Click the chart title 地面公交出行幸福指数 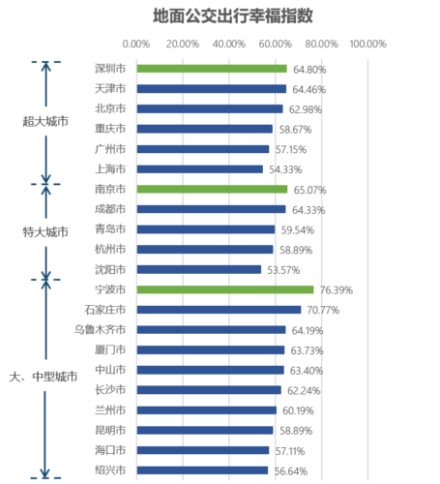(233, 15)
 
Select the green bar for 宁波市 (225, 289)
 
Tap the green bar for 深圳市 (212, 69)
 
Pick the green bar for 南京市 (212, 189)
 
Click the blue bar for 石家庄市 (219, 310)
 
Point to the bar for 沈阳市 (199, 269)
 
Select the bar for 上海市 (200, 169)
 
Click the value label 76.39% (337, 290)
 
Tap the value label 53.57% (283, 270)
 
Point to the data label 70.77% (323, 310)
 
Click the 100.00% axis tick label (367, 44)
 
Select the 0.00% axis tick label (136, 44)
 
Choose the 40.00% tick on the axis (229, 44)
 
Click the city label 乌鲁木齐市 (100, 330)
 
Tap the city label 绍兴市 (110, 470)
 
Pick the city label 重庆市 (110, 129)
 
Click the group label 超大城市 (45, 121)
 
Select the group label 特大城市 (45, 232)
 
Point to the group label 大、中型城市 (44, 377)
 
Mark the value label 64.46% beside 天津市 (309, 89)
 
